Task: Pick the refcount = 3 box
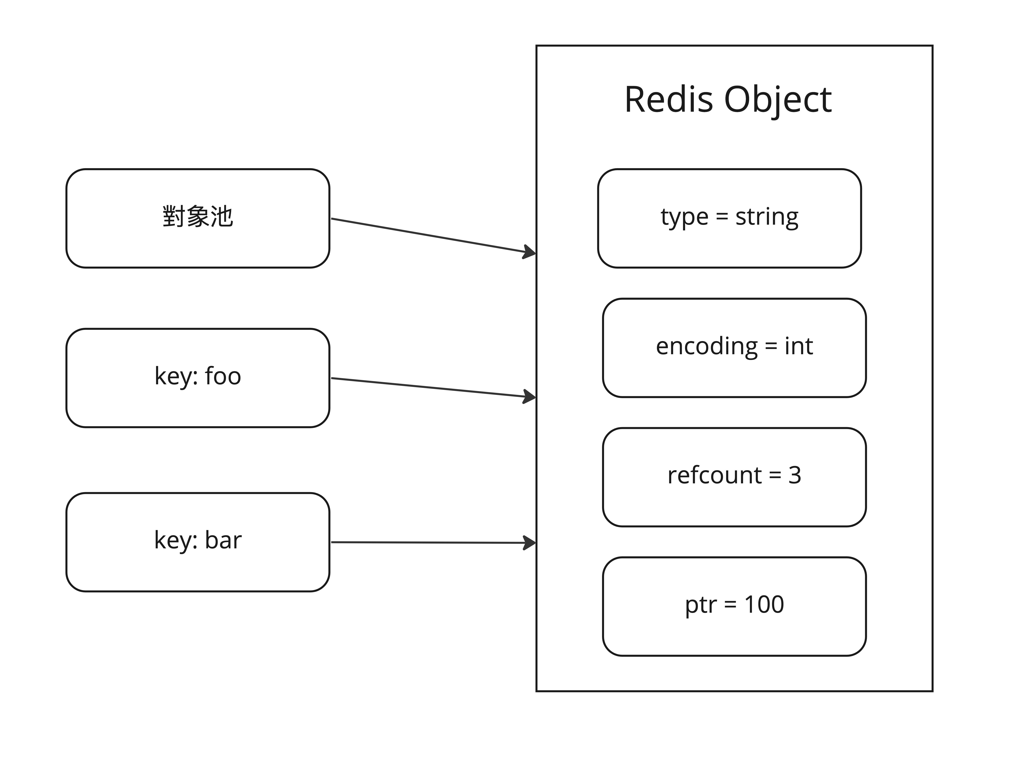734,477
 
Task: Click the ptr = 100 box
734,606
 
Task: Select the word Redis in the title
669,99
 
